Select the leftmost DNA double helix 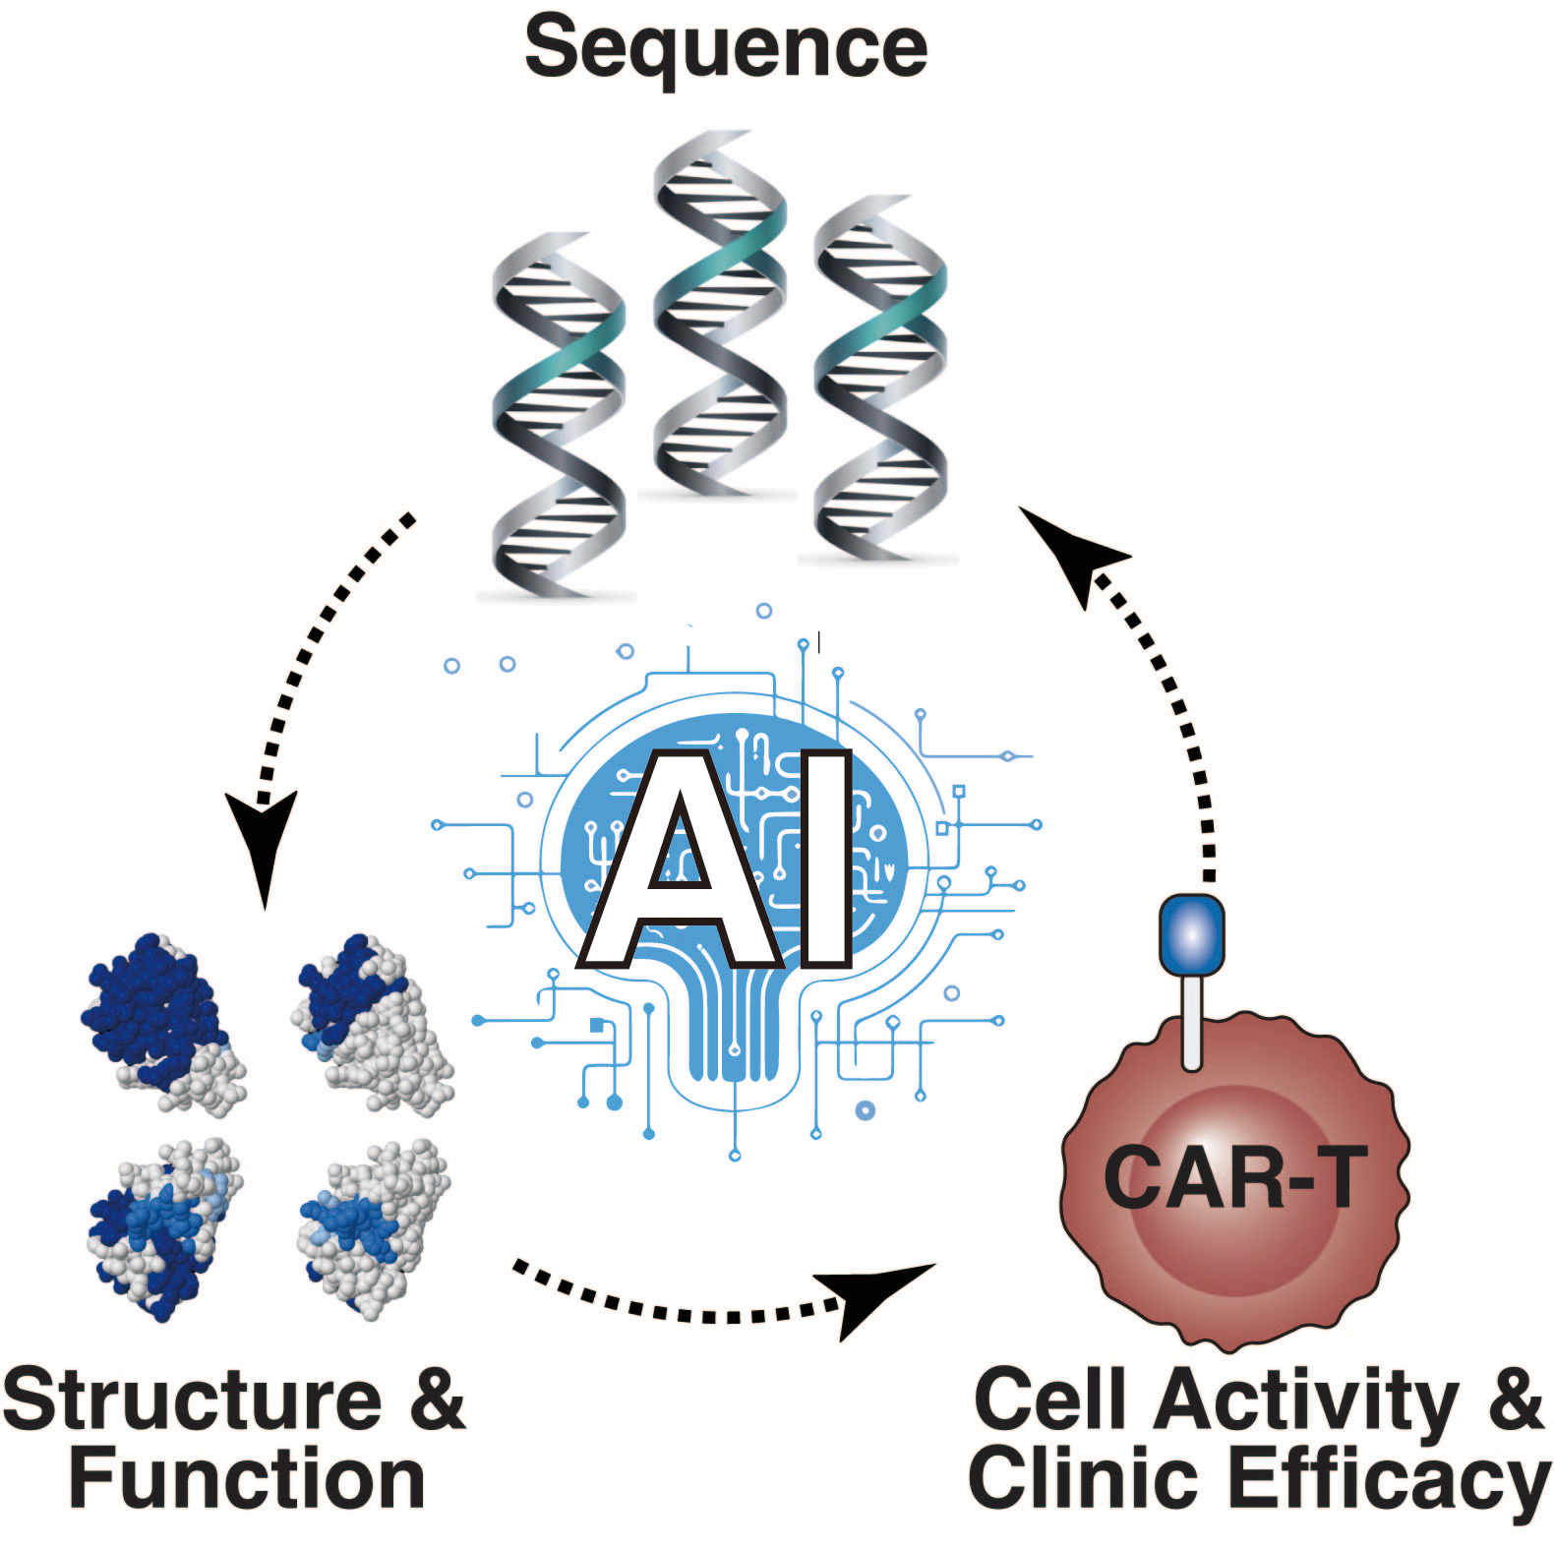click(x=558, y=413)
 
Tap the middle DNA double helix click(x=720, y=315)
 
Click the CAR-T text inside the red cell click(x=1235, y=1177)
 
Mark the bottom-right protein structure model click(x=374, y=1224)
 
